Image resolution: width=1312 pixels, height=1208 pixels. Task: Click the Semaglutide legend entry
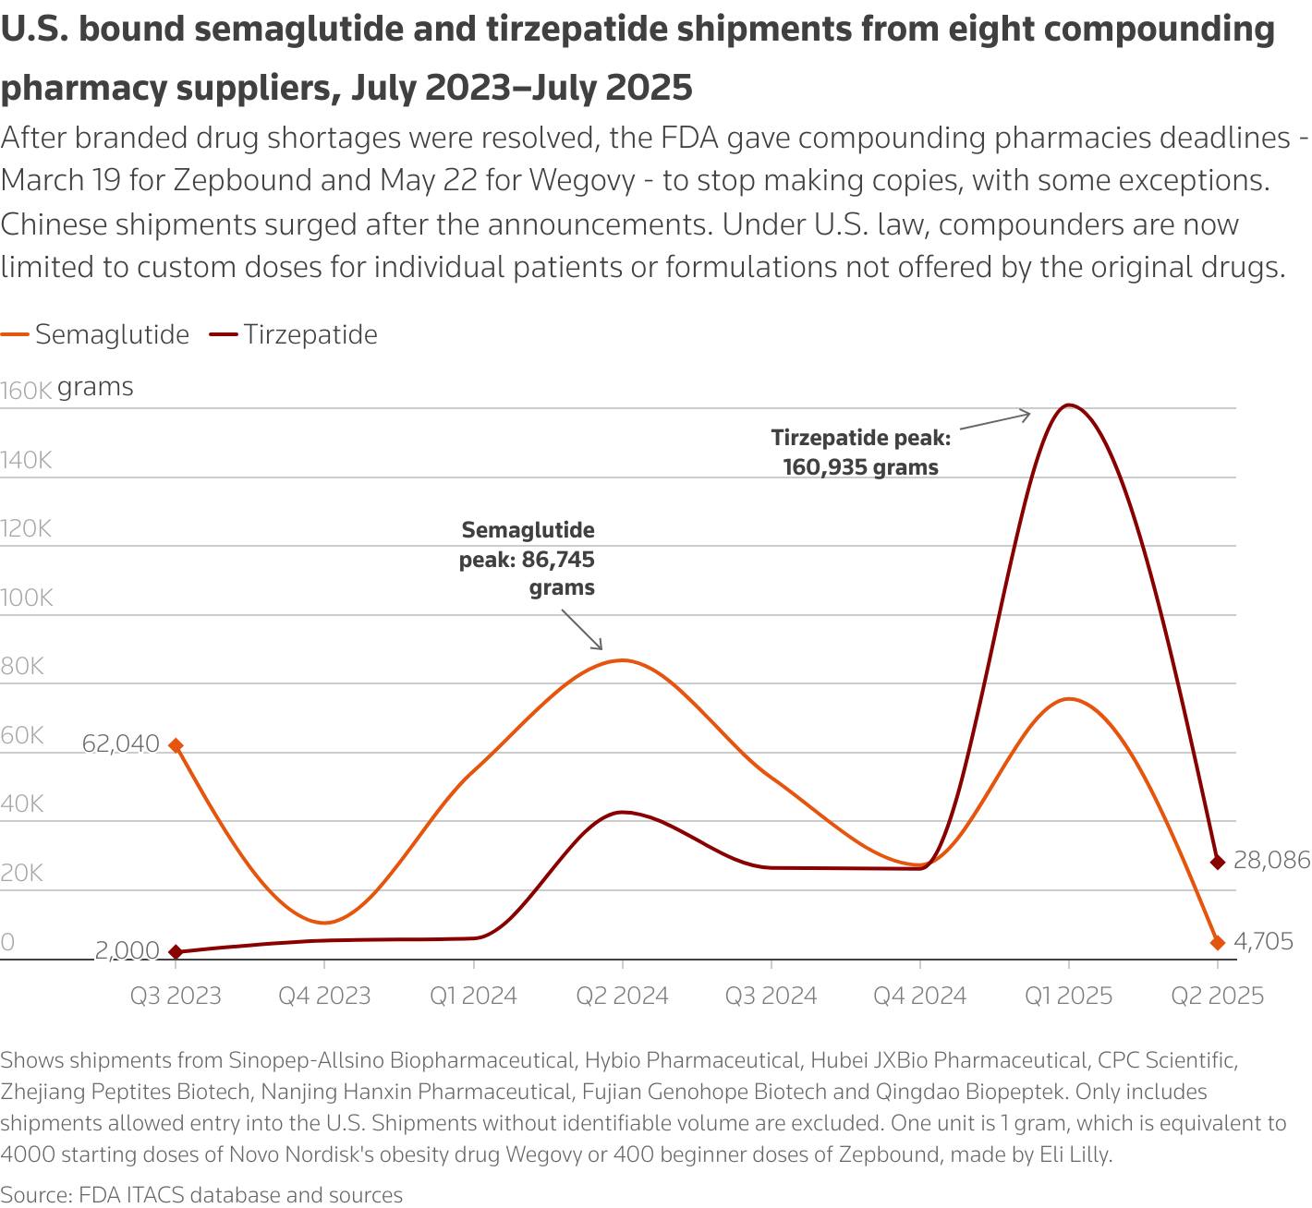(95, 334)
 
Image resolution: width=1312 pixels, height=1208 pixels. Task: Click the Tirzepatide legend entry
(294, 334)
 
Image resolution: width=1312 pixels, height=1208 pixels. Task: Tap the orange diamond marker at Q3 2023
(176, 745)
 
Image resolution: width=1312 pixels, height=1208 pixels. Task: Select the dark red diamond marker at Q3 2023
(176, 951)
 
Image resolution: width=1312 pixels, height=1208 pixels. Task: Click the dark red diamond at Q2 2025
(1217, 862)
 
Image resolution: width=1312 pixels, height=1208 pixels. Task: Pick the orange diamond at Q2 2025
(1217, 942)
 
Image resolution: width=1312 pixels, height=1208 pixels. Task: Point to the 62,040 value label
(120, 743)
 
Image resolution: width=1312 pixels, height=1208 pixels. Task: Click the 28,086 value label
(1271, 860)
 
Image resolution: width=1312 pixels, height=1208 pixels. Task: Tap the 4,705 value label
(1263, 941)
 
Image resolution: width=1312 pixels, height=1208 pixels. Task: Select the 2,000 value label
(127, 949)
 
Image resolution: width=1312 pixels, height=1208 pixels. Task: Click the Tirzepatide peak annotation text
(861, 452)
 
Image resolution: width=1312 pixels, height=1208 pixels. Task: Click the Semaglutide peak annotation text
(528, 559)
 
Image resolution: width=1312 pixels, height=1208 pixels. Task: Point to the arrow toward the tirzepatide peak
(995, 420)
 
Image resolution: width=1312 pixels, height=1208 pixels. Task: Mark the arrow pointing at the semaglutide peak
(581, 630)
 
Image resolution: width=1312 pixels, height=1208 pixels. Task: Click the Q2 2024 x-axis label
(622, 996)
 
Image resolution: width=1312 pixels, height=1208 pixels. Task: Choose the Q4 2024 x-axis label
(919, 996)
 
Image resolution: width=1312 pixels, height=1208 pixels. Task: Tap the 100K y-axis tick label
(27, 598)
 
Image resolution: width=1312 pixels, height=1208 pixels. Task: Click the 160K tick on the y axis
(26, 391)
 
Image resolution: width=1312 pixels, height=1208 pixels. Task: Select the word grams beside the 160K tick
(95, 387)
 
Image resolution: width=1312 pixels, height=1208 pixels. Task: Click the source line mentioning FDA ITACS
(201, 1194)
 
